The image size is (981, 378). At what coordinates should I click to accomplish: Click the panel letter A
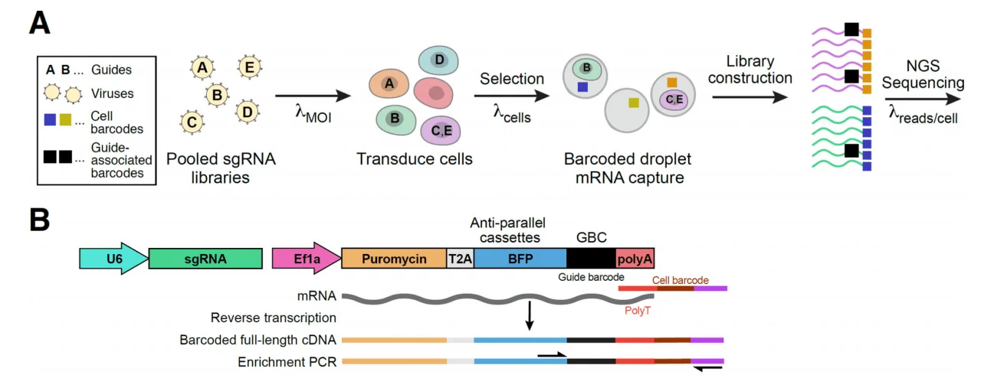pos(38,21)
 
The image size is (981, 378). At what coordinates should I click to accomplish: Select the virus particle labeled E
pos(248,67)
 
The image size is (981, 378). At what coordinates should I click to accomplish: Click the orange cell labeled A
pos(389,84)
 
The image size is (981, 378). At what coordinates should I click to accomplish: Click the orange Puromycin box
pos(394,259)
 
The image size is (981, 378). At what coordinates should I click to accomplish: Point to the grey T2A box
pos(461,259)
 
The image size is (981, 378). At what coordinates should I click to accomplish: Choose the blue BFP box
pos(520,259)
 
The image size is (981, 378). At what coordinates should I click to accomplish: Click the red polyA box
pos(635,259)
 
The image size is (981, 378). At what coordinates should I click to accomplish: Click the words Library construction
pos(750,69)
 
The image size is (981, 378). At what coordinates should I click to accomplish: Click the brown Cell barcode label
pos(680,280)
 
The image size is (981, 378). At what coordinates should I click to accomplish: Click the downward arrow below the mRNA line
pos(529,315)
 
